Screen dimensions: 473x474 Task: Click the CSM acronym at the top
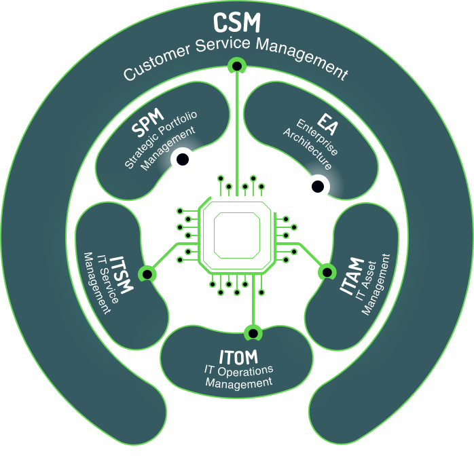236,22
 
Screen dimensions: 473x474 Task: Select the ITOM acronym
238,356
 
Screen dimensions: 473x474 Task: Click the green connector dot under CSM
237,66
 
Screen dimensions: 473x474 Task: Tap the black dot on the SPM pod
183,160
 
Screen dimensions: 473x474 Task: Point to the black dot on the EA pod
317,185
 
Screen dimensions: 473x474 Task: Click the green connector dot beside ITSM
146,273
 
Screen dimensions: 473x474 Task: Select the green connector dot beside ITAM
327,271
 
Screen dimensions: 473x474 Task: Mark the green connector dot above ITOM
252,333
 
